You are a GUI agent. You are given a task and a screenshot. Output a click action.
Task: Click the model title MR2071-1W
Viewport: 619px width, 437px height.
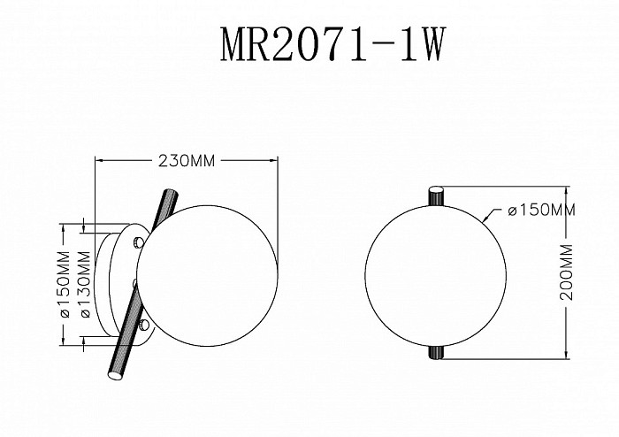332,44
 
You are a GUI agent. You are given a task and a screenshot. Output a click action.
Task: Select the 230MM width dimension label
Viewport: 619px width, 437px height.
187,161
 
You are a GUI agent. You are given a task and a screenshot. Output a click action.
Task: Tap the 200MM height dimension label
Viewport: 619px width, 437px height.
567,272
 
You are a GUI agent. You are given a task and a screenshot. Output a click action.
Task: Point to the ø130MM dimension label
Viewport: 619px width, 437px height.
86,284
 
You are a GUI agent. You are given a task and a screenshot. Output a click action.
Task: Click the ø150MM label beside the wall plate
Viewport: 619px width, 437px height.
65,284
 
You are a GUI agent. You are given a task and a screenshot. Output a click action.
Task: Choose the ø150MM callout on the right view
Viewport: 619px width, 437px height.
541,210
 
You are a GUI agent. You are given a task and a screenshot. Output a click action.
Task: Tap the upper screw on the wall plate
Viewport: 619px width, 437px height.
138,242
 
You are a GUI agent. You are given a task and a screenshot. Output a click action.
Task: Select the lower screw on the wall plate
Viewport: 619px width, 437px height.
144,326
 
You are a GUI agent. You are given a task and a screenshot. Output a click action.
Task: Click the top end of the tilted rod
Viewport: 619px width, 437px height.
172,191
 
